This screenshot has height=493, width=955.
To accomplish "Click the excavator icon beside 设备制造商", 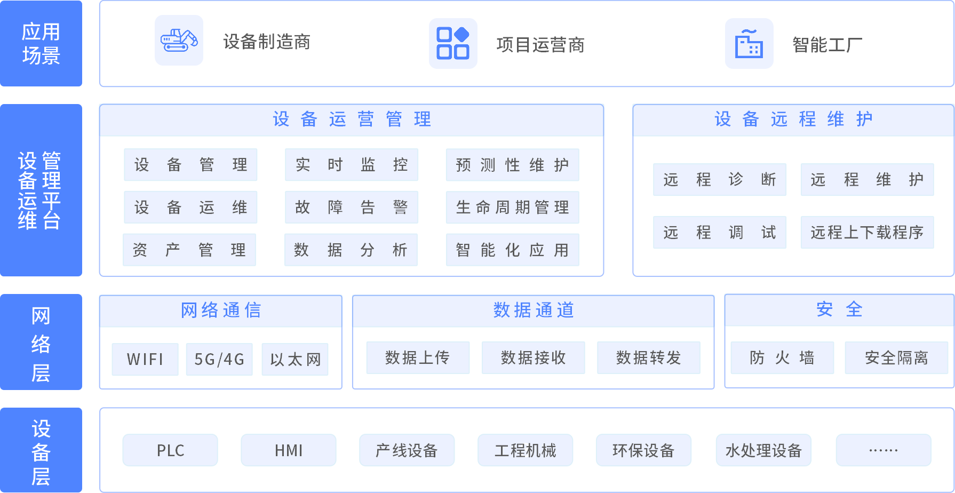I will point(179,41).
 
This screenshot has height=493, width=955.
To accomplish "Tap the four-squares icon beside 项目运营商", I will point(453,43).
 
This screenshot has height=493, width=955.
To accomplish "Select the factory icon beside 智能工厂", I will point(749,43).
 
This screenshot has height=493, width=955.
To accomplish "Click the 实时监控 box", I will point(352,165).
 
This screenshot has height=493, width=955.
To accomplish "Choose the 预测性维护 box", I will point(512,165).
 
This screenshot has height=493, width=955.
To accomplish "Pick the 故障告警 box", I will point(352,207).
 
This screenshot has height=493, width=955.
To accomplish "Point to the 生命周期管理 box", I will point(512,207).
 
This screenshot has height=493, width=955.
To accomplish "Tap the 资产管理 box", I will point(189,250).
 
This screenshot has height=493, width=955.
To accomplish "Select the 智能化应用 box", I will point(512,250).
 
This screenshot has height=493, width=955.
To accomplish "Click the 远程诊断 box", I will point(720,179).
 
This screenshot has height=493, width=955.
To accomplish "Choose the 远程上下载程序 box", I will point(867,232).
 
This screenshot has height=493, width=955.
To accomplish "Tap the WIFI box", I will point(145,360).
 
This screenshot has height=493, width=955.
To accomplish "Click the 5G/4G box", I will point(219,360).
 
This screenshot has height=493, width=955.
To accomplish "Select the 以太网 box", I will point(295,360).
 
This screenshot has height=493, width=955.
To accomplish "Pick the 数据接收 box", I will point(533,357).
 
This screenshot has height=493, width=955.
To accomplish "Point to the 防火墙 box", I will point(782,357).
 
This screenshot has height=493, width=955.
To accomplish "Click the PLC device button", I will point(170,450).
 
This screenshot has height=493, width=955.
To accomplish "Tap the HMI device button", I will point(289,450).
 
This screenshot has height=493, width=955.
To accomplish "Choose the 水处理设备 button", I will point(763,450).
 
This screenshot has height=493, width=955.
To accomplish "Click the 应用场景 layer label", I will point(41,43).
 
